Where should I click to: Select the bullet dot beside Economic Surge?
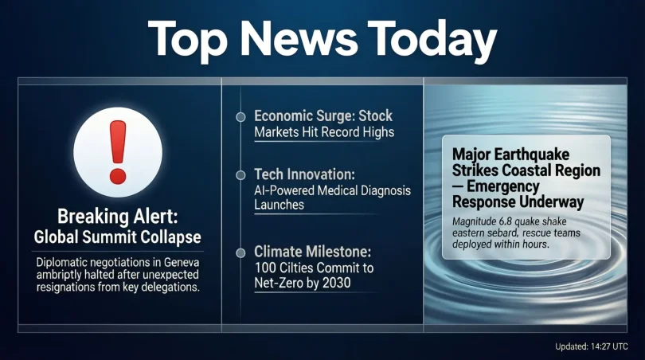pyautogui.click(x=240, y=117)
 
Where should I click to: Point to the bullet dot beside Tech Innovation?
pyautogui.click(x=240, y=173)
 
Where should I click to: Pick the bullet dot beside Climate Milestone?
pyautogui.click(x=240, y=253)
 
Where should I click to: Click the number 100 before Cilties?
pyautogui.click(x=266, y=269)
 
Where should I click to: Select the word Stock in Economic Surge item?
pyautogui.click(x=375, y=116)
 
